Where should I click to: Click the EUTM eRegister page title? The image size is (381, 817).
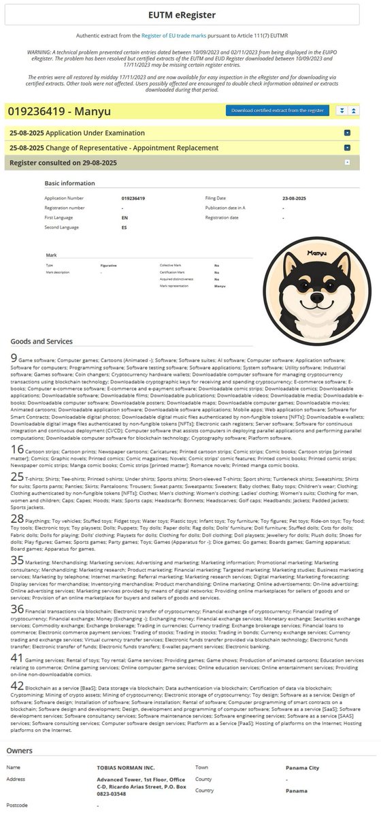pos(190,14)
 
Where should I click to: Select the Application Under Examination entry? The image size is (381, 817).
pos(77,133)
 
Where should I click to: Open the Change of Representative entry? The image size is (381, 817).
pos(114,147)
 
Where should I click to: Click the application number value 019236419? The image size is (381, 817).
pos(135,198)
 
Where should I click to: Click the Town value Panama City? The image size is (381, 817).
pos(305,767)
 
